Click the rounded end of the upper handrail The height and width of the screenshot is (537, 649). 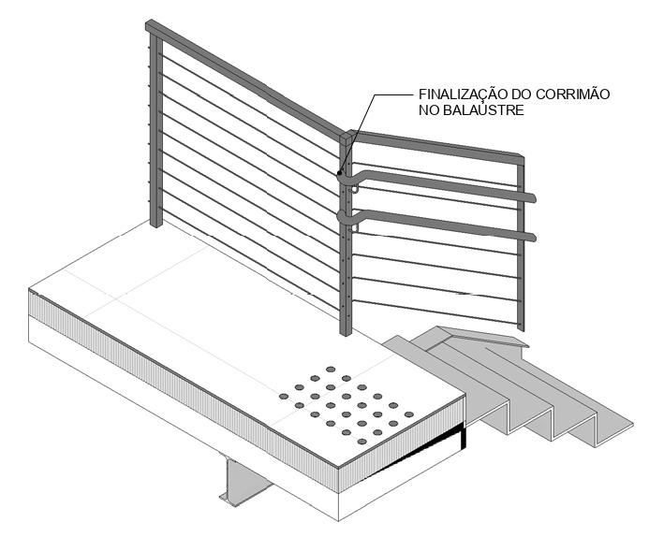[x=532, y=197]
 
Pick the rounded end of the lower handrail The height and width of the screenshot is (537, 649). [x=532, y=237]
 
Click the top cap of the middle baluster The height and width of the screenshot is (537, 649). [x=347, y=137]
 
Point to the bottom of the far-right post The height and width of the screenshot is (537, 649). [x=521, y=327]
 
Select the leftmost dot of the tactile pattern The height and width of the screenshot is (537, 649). [x=284, y=397]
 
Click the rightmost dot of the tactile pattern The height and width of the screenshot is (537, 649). [x=408, y=414]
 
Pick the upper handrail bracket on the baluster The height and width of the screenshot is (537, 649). [x=355, y=187]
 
